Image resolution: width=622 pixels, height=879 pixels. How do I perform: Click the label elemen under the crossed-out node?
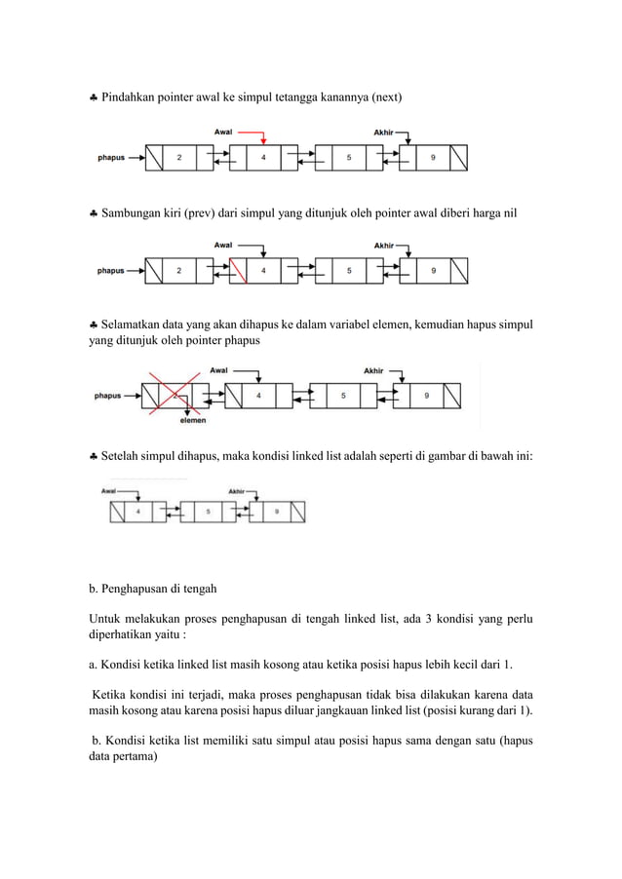pyautogui.click(x=192, y=421)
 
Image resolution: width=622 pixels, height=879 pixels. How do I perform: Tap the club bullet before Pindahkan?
pyautogui.click(x=93, y=98)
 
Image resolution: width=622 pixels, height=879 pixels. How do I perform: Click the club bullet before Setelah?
pyautogui.click(x=93, y=455)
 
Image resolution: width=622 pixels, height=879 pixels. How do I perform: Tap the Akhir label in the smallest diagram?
pyautogui.click(x=236, y=491)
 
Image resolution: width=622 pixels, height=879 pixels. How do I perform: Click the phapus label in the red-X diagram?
pyautogui.click(x=107, y=396)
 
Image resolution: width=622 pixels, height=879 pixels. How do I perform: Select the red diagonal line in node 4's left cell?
pyautogui.click(x=239, y=270)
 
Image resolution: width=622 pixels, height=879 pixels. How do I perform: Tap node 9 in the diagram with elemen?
pyautogui.click(x=426, y=396)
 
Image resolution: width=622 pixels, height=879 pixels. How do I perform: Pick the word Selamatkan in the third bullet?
pyautogui.click(x=134, y=323)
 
